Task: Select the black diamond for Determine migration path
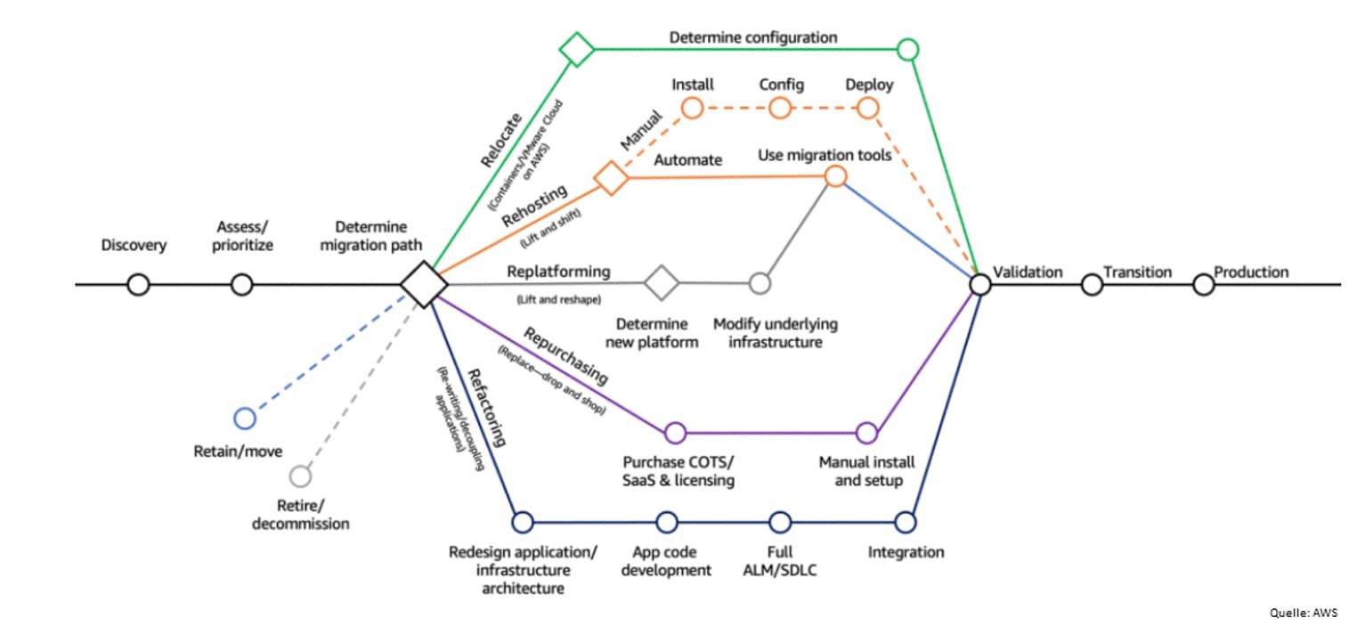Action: coord(424,284)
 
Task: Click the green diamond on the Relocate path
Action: coord(577,49)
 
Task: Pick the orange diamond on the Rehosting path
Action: coord(611,177)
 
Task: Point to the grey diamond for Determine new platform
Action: coord(662,282)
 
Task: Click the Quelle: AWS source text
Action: coord(1304,613)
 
